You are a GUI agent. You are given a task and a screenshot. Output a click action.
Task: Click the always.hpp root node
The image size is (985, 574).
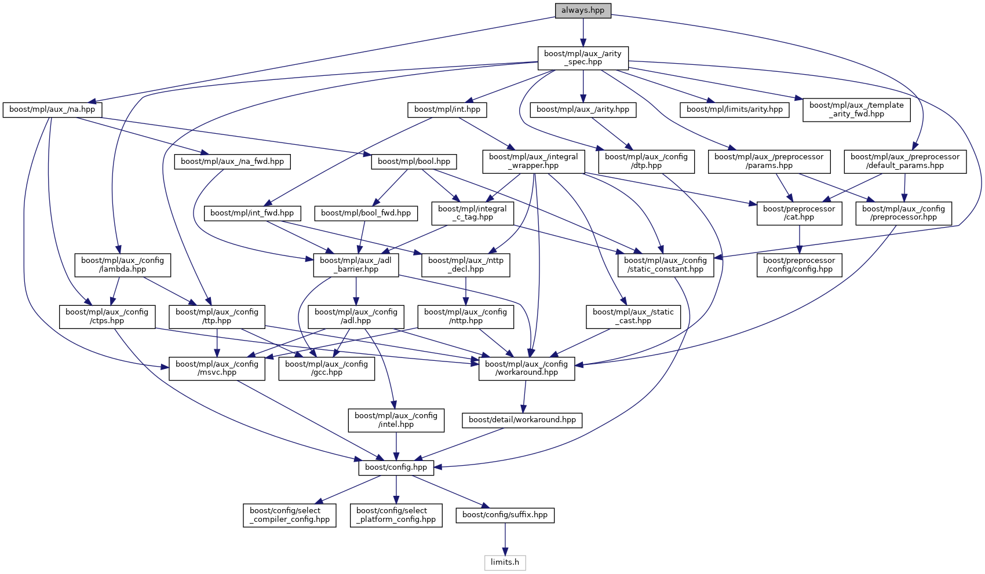(583, 10)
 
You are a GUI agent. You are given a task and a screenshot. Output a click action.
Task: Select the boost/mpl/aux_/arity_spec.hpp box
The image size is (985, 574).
(583, 58)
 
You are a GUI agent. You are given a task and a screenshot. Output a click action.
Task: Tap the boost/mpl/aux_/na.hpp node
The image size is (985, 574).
(52, 109)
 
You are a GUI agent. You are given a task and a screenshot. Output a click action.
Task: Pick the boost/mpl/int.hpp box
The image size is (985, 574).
(447, 109)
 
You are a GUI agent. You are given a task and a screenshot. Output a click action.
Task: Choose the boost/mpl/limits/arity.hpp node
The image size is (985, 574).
(734, 109)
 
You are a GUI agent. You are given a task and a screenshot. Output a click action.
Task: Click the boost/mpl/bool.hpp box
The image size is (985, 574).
(414, 162)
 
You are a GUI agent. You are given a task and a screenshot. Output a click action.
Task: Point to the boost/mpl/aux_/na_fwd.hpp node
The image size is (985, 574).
(232, 162)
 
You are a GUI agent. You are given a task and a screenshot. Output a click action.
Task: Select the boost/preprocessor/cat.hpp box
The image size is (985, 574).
(799, 213)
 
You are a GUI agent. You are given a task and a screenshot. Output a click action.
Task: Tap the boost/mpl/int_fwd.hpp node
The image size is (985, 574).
(252, 213)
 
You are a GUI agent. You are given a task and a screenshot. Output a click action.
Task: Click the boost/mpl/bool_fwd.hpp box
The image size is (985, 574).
(366, 213)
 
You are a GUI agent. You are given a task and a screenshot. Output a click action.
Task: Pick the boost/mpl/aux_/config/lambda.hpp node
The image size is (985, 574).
(122, 265)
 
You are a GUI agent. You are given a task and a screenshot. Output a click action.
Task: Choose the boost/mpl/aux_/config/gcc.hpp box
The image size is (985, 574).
(326, 368)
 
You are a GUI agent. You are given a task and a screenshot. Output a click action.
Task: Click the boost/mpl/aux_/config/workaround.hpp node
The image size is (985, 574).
(527, 368)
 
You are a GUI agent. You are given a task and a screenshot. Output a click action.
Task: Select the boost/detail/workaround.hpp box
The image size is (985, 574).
(522, 420)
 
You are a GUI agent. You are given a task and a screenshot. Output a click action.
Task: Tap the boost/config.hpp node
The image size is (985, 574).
(396, 467)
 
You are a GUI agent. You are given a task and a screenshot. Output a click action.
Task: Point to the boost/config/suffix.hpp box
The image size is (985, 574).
(505, 515)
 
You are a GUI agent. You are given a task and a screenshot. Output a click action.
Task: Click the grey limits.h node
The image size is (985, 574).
(505, 562)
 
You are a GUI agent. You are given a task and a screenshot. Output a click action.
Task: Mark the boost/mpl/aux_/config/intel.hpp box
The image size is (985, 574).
(396, 420)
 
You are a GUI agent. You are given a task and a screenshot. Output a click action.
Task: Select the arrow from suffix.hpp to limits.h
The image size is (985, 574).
(505, 539)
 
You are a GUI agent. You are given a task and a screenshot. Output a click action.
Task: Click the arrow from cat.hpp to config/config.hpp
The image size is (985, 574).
(799, 239)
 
